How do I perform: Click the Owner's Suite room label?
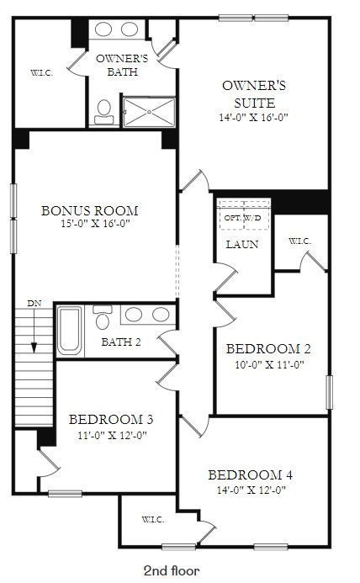pos(253,93)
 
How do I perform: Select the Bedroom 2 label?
pos(269,348)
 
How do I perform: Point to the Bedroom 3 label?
pos(110,419)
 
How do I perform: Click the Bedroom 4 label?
pos(250,474)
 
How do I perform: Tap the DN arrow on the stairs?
pos(34,332)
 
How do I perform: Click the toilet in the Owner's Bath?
pos(104,112)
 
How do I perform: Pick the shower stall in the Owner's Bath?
pos(150,111)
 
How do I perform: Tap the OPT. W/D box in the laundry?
pos(242,216)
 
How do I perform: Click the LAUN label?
pos(241,245)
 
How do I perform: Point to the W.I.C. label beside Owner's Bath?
pos(42,73)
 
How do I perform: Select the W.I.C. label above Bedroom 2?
pos(299,241)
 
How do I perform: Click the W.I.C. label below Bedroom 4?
pos(152,518)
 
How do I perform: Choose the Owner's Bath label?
pos(123,65)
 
